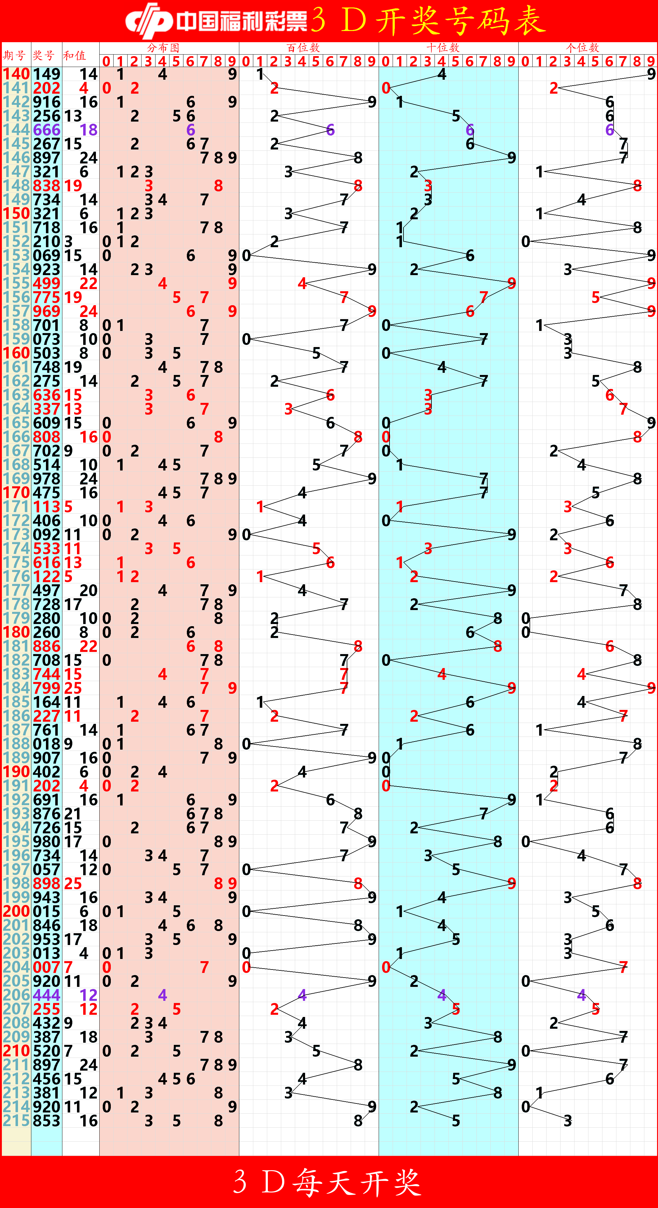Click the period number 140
(16, 74)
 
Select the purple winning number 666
(47, 130)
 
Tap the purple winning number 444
(47, 995)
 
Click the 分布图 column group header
(163, 48)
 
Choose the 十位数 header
(443, 48)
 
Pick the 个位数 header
(583, 48)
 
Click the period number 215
(16, 1121)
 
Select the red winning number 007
(47, 967)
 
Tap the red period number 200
(16, 912)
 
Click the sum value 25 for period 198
(73, 884)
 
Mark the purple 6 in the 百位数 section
(331, 130)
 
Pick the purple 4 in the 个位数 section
(582, 995)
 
